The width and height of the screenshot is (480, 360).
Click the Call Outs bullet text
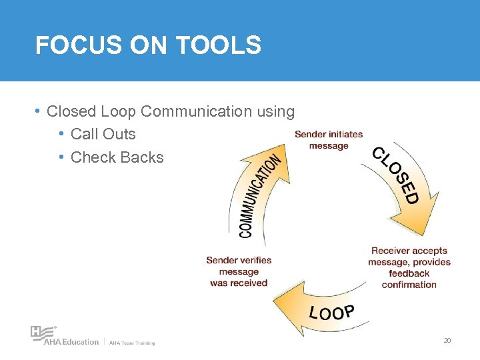103,134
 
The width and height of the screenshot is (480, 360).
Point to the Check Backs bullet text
117,157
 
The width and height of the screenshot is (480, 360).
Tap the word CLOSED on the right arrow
396,175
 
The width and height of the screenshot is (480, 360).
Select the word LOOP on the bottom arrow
331,312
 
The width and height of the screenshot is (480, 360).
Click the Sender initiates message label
329,140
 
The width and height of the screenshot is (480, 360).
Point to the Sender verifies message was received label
239,271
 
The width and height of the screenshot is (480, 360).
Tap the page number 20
447,341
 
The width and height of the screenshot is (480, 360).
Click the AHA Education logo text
71,342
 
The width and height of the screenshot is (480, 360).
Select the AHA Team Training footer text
132,343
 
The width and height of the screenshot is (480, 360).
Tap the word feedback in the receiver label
409,273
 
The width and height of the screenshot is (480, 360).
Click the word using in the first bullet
274,111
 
